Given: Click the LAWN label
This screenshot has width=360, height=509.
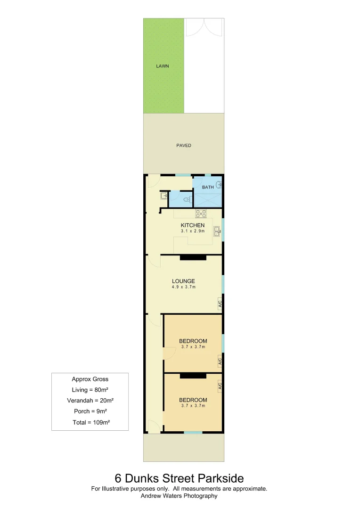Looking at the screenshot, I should pos(163,66).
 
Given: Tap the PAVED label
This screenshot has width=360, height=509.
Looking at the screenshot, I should pos(184,146).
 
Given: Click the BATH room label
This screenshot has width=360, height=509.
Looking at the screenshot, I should pos(208,187).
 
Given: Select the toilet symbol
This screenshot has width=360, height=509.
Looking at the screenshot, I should pos(187,200).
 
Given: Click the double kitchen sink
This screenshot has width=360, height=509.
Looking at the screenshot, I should pos(217,231).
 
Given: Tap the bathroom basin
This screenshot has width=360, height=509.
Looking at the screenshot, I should pos(218,184).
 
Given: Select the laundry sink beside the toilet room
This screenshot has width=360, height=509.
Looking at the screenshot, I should pos(164,196).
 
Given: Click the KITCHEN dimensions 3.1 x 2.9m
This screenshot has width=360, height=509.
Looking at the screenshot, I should pos(193,231).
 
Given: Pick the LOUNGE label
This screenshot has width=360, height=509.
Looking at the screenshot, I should pos(183,281).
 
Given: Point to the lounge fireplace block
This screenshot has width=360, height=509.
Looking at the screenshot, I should pos(193,257).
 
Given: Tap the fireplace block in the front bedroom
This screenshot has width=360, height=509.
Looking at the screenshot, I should pos(193,376).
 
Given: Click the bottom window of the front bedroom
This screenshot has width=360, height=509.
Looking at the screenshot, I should pos(193,432).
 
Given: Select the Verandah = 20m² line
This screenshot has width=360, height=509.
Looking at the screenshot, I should pos(90,401).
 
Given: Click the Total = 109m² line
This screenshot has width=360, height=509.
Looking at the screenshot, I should pos(90,422).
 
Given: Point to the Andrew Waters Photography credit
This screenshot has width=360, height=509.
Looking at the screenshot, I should pos(180,496).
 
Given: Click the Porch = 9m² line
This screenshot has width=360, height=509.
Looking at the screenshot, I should pos(90,411).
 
